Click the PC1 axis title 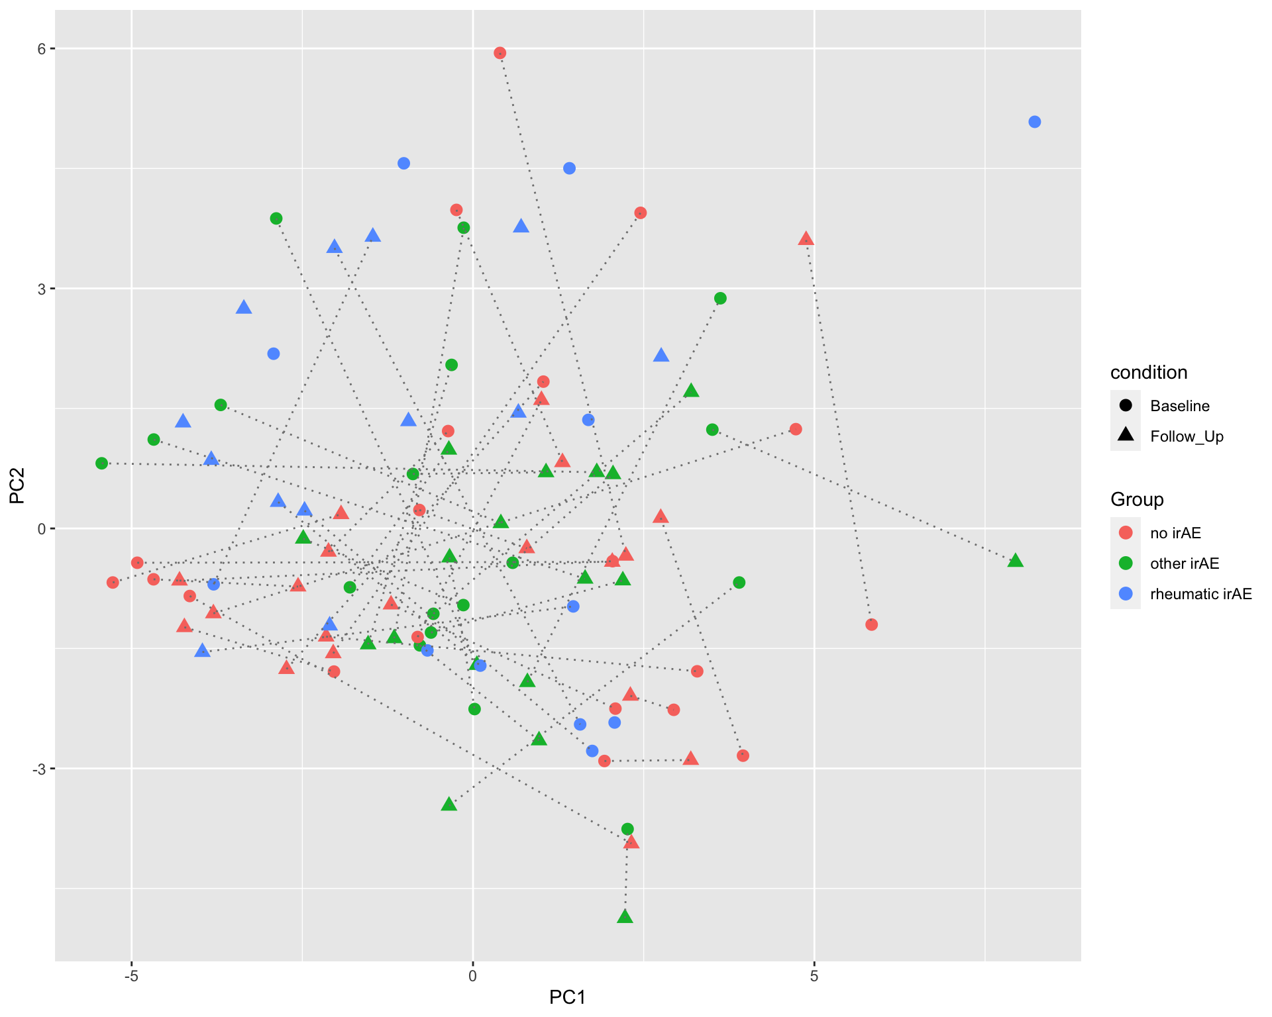point(567,997)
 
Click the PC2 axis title point(17,485)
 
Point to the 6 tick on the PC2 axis point(42,49)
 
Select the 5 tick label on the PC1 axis point(814,977)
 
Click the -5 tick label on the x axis point(131,977)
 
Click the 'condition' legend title point(1149,373)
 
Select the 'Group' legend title point(1137,500)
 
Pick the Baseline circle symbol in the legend point(1125,405)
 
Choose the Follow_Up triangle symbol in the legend point(1125,436)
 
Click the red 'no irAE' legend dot point(1125,532)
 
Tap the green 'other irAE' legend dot point(1125,563)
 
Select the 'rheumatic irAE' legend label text point(1201,594)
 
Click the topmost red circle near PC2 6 point(500,53)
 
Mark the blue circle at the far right point(1035,122)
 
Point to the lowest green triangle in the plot point(625,917)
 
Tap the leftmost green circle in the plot point(101,463)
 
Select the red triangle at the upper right point(806,239)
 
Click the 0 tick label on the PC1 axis point(472,977)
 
